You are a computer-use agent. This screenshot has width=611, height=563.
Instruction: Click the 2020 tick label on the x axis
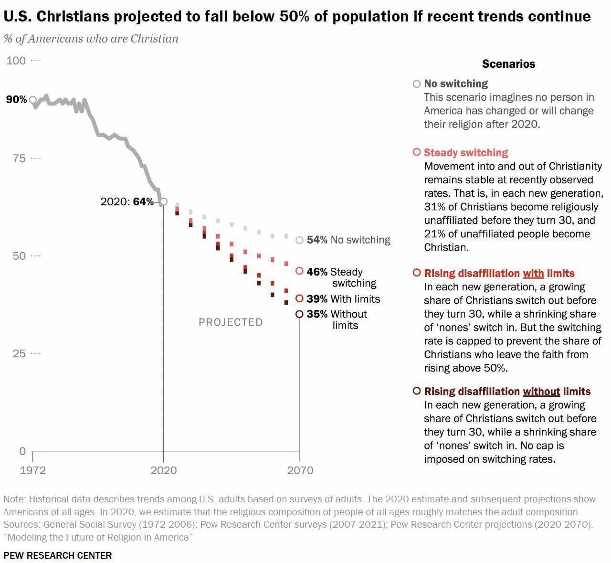point(163,470)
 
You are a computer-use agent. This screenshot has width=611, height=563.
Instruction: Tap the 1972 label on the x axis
point(33,470)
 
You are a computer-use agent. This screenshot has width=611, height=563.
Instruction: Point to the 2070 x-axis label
point(300,470)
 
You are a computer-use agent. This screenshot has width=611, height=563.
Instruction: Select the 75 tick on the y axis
point(19,158)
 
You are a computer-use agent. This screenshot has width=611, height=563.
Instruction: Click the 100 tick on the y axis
point(16,61)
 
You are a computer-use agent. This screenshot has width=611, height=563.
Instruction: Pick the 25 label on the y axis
point(19,353)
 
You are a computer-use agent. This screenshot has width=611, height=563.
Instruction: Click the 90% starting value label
point(16,99)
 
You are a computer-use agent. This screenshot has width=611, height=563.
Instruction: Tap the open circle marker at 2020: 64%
point(163,202)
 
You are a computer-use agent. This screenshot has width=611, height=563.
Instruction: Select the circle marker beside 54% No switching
point(299,240)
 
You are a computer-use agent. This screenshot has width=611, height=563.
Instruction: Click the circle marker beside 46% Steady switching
point(299,271)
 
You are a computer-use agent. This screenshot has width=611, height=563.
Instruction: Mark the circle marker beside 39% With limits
point(299,298)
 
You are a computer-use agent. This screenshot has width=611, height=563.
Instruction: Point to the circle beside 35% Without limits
point(299,314)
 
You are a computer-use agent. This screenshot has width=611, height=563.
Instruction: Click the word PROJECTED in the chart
point(231,322)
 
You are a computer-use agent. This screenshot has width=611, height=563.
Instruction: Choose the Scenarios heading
point(508,64)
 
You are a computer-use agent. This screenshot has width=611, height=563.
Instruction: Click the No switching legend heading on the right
point(456,84)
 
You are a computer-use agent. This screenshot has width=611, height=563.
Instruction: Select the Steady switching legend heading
point(466,153)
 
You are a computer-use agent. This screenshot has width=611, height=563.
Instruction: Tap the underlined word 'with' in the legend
point(533,274)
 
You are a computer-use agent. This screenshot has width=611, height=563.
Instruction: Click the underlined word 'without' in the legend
point(541,392)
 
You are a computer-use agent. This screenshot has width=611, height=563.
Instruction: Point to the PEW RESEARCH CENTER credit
point(58,555)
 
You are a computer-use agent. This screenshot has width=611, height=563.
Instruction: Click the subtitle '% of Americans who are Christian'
point(91,39)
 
